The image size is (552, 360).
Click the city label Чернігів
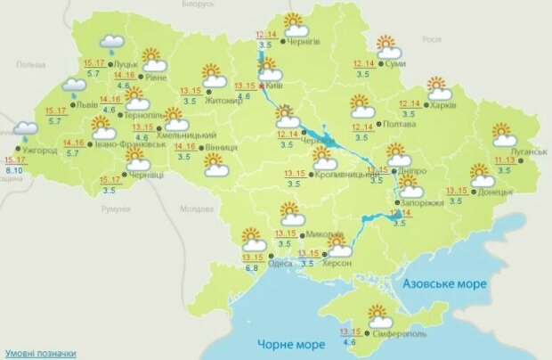click(305, 41)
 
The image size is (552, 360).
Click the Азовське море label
click(443, 283)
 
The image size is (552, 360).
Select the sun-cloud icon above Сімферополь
click(380, 316)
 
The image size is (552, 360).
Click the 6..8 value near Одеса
click(251, 267)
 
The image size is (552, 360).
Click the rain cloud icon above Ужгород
click(25, 133)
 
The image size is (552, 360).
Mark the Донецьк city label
click(495, 192)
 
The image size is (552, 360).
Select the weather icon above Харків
click(438, 87)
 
